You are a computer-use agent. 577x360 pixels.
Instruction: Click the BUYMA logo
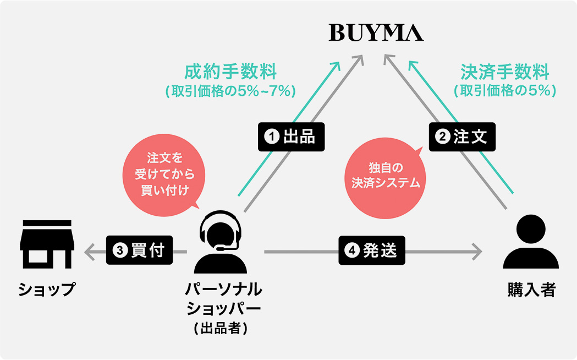(376, 32)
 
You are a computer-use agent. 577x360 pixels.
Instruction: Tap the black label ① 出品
(291, 137)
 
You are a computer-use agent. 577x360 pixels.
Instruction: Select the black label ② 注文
(462, 137)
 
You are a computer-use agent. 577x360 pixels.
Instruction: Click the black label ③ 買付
(139, 250)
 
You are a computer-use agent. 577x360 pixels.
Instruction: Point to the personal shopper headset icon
(220, 242)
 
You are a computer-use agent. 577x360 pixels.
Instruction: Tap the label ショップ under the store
(46, 290)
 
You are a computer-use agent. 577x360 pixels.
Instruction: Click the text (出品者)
(220, 328)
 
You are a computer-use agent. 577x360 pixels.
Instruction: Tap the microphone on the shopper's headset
(222, 248)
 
